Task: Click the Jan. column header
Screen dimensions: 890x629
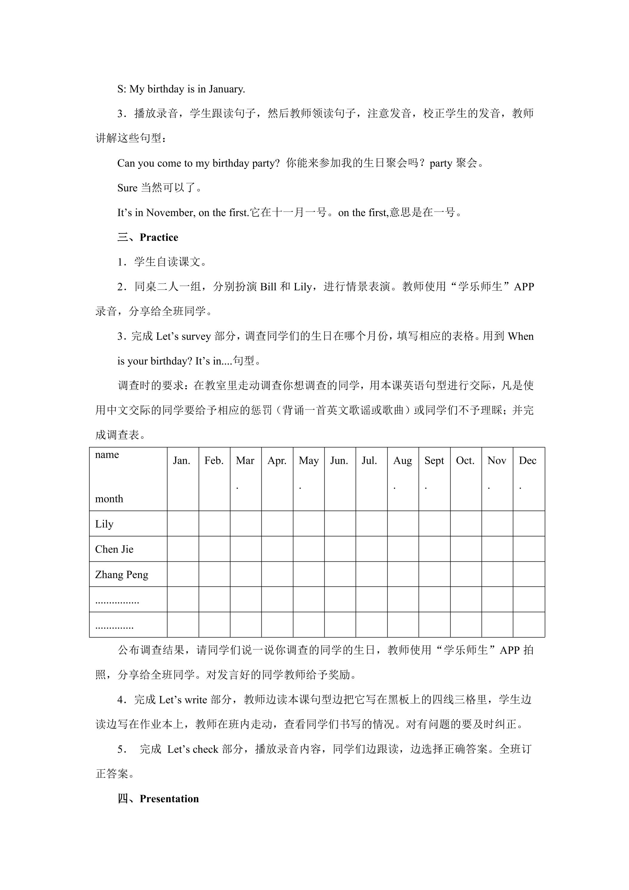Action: [181, 461]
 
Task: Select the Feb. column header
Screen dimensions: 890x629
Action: [214, 461]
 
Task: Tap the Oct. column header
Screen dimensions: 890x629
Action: [465, 461]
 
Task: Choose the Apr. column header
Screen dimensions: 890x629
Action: [277, 461]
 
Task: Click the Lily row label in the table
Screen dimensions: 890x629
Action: [104, 524]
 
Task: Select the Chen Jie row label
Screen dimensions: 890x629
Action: [114, 549]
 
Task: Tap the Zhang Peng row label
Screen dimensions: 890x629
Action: [122, 575]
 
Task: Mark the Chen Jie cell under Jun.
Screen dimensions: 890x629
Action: [340, 549]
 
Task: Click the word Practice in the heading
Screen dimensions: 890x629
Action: [159, 237]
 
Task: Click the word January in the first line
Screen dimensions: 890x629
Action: [227, 89]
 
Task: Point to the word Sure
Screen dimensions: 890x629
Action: [127, 188]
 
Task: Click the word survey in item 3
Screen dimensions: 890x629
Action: [196, 336]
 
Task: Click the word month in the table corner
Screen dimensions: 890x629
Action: [109, 499]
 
